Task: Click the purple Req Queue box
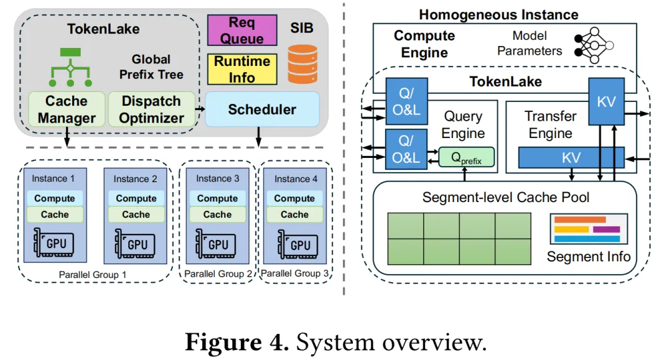(x=242, y=30)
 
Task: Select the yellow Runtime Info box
(x=242, y=69)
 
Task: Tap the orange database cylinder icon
(x=302, y=64)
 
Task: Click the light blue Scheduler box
(x=263, y=109)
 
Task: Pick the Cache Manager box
(x=67, y=109)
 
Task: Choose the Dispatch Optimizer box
(x=151, y=109)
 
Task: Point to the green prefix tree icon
(x=70, y=67)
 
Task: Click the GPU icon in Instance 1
(x=54, y=242)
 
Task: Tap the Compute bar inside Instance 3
(x=217, y=198)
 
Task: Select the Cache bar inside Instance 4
(x=294, y=214)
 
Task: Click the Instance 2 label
(x=135, y=179)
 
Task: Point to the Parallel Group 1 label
(x=93, y=274)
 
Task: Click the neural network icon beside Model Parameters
(x=594, y=45)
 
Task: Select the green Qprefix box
(x=466, y=157)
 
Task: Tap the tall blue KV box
(x=606, y=101)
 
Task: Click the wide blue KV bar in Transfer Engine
(x=571, y=157)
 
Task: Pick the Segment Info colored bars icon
(x=589, y=229)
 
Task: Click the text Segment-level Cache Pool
(x=506, y=197)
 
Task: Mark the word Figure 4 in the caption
(x=237, y=342)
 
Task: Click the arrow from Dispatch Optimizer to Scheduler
(x=200, y=109)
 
